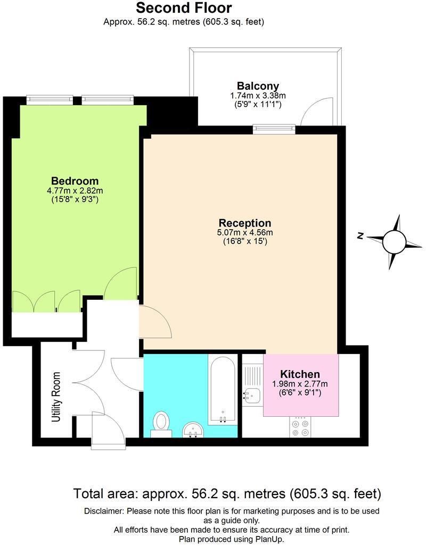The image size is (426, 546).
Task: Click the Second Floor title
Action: point(184,8)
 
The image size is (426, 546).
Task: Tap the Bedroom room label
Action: point(75,180)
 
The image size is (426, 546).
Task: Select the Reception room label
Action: point(245,223)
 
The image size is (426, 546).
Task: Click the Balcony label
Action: point(258,86)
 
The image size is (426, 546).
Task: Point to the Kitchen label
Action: point(300,374)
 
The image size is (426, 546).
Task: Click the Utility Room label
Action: point(56,397)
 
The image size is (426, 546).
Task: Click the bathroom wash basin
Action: point(193,429)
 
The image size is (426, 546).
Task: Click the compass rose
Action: point(394,242)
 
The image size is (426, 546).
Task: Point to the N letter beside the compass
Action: point(361,236)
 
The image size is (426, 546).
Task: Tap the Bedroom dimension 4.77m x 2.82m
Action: point(75,190)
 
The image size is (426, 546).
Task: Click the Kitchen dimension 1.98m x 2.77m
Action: point(300,384)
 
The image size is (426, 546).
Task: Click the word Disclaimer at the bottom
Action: point(103,511)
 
